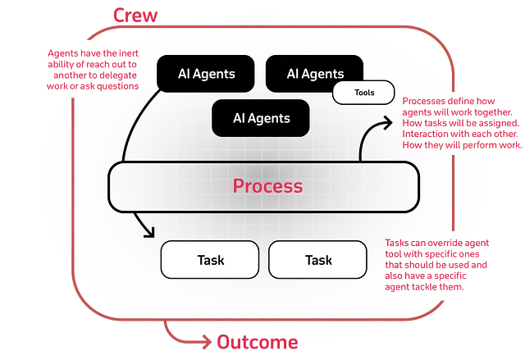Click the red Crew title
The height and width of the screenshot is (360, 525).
(135, 16)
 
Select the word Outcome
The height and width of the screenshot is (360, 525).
(258, 342)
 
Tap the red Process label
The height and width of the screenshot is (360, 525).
(268, 186)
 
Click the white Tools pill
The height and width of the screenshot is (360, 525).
(363, 93)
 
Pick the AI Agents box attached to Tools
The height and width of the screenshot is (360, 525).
(314, 74)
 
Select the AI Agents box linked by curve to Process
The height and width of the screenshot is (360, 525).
(206, 74)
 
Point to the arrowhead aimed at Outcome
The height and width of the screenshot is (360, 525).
(207, 342)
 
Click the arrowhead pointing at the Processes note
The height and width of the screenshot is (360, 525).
(388, 123)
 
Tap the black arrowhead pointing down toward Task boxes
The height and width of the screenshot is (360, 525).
(149, 233)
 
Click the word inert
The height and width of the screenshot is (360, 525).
(129, 53)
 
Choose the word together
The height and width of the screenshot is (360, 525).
(492, 112)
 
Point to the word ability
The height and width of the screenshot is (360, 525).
(58, 65)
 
